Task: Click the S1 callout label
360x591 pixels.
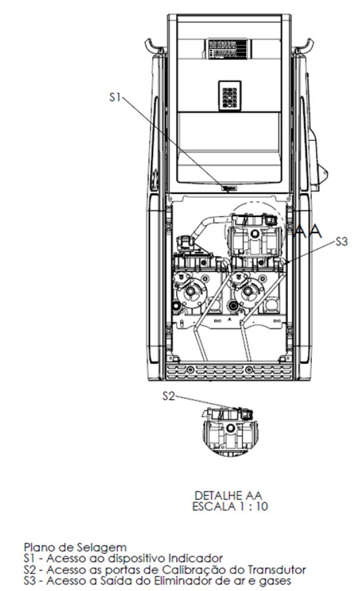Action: [114, 97]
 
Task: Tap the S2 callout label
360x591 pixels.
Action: [168, 396]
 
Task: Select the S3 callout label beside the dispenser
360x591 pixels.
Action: [341, 241]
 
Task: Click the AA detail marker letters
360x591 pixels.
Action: [308, 231]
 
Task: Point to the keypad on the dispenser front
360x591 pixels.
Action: [230, 96]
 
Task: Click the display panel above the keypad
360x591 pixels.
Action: [227, 49]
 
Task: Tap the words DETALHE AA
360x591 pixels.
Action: [228, 495]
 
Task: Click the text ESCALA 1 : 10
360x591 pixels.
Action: [230, 506]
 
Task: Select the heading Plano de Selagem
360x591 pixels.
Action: [75, 547]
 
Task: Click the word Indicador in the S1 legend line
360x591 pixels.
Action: [196, 558]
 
